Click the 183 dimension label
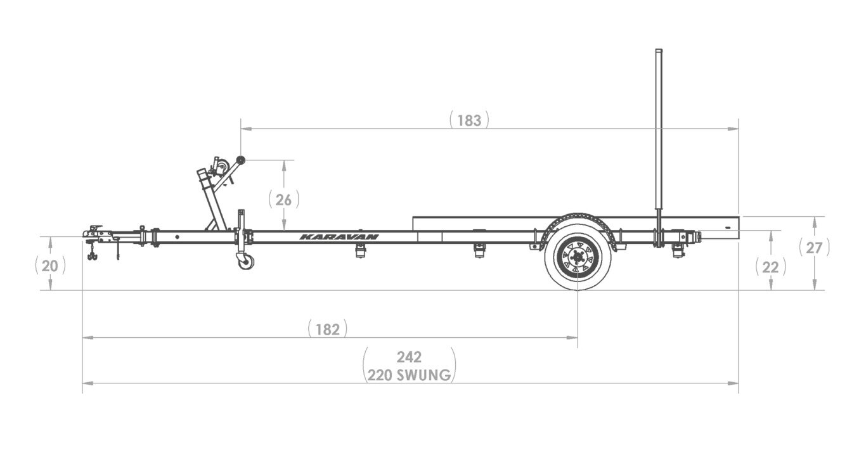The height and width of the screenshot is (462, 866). pyautogui.click(x=469, y=120)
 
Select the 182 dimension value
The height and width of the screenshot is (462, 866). pyautogui.click(x=328, y=330)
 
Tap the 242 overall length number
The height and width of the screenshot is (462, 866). pyautogui.click(x=409, y=357)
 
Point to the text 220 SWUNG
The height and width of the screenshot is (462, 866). pyautogui.click(x=409, y=375)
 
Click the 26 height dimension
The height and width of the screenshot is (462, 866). pyautogui.click(x=284, y=200)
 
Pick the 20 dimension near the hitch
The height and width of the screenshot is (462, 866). pyautogui.click(x=50, y=266)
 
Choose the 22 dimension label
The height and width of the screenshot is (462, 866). pyautogui.click(x=770, y=267)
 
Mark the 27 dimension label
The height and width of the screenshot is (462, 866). pyautogui.click(x=814, y=248)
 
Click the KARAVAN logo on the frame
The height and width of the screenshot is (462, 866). pyautogui.click(x=339, y=237)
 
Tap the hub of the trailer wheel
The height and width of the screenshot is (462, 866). pyautogui.click(x=578, y=257)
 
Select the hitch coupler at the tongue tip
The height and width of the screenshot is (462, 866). pyautogui.click(x=95, y=232)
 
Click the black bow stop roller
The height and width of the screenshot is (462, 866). pyautogui.click(x=240, y=160)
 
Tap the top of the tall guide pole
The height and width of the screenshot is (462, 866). pyautogui.click(x=659, y=51)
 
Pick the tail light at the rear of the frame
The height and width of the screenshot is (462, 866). pyautogui.click(x=698, y=238)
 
